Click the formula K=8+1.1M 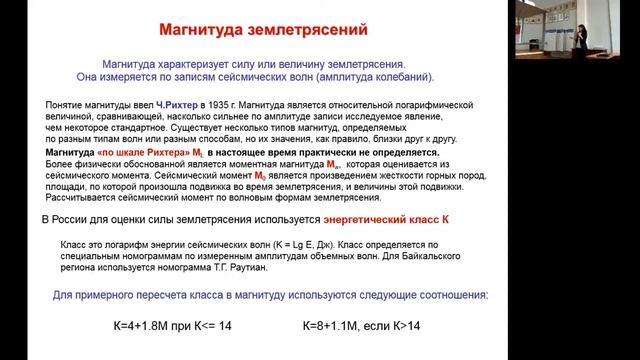(347, 326)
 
